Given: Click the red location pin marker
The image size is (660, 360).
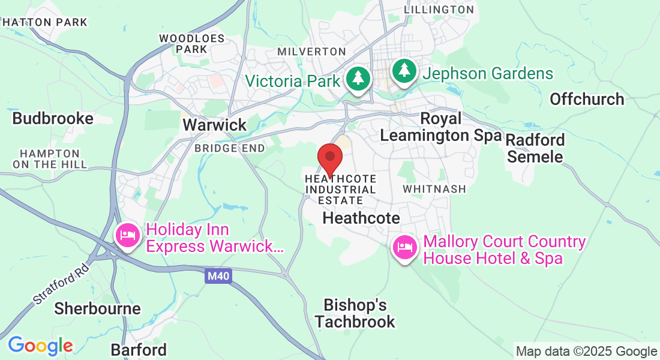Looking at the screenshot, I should (329, 158).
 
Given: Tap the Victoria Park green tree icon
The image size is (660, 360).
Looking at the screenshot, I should (358, 78).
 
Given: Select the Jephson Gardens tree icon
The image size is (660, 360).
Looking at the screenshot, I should (405, 71).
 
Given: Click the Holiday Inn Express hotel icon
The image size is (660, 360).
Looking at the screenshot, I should (128, 236).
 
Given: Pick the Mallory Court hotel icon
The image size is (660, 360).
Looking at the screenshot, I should (405, 247).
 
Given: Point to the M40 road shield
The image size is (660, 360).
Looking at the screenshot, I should (218, 276).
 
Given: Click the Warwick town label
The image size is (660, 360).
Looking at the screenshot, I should (215, 125).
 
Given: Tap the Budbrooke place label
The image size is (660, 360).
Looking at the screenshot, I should (53, 118).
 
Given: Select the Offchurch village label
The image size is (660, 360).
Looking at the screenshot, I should (587, 99).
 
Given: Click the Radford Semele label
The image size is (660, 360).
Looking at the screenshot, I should (535, 148).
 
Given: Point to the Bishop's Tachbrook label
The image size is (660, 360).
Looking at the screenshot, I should (355, 313).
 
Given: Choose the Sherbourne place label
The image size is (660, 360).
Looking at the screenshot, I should (98, 308).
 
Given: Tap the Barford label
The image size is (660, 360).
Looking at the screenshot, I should (139, 350).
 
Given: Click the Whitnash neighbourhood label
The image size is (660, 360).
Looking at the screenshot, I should (434, 189).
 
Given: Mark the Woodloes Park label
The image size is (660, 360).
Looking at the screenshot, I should (191, 43).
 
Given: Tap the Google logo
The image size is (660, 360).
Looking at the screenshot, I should (40, 346).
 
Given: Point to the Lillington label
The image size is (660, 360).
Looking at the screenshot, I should (439, 10).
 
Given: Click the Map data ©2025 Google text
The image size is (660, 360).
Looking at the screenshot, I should (586, 352).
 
